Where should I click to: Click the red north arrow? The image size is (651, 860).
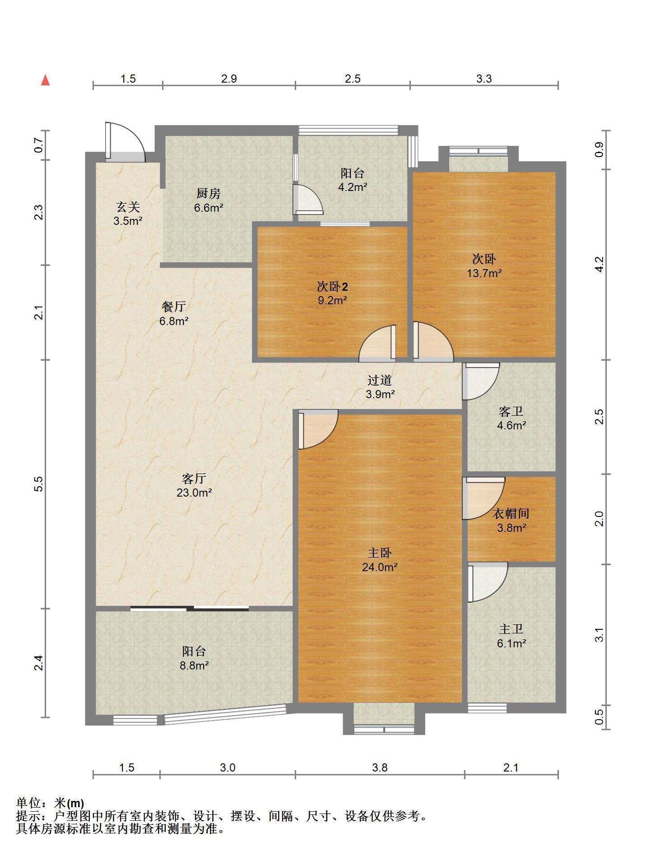45,80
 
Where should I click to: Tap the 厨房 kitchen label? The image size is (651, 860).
209,194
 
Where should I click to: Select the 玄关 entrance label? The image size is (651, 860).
128,207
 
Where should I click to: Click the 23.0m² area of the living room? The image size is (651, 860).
194,493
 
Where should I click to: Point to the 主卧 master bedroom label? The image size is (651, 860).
379,553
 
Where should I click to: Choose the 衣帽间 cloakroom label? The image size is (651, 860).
511,513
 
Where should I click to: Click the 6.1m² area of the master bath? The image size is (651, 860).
511,643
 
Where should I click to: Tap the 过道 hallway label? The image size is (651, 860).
379,381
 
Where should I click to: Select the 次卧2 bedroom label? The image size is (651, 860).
332,287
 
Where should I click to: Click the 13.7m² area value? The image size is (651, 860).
484,273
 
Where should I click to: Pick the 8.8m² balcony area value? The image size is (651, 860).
194,665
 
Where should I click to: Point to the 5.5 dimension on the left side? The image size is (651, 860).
39,484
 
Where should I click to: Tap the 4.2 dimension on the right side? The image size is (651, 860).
599,264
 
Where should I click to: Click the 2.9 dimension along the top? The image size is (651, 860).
229,79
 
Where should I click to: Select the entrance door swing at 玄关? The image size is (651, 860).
125,142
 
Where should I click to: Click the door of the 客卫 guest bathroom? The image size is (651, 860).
480,381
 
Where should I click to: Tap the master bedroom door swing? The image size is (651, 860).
318,429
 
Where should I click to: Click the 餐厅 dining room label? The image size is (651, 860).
174,307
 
